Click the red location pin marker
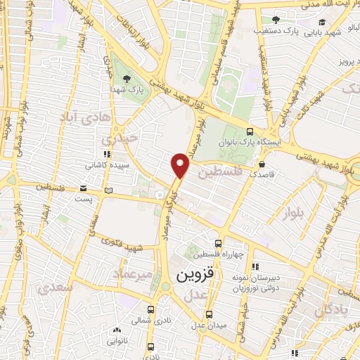tap(181, 165)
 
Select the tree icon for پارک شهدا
tap(127, 78)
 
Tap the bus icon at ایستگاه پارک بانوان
tap(250, 131)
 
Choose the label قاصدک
tap(252, 172)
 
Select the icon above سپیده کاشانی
tap(106, 154)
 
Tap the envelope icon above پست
tap(84, 188)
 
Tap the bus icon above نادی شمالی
tap(150, 309)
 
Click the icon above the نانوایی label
tap(116, 330)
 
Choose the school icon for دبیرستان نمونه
tap(256, 266)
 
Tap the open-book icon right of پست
tap(108, 190)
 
